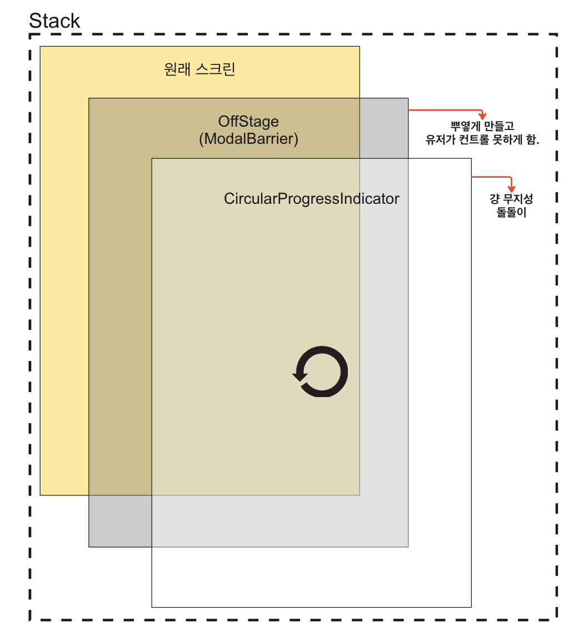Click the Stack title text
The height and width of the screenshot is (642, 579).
click(54, 21)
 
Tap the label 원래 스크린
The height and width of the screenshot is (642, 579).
click(200, 69)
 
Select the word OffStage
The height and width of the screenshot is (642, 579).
click(248, 122)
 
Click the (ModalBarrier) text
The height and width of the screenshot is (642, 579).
click(248, 138)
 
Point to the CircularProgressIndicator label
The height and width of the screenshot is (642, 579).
click(311, 199)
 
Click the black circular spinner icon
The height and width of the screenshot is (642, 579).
click(321, 372)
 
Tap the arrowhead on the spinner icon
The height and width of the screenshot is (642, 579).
click(300, 376)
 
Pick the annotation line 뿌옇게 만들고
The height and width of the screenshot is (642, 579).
click(482, 127)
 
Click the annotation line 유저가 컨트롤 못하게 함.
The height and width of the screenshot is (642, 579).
click(482, 140)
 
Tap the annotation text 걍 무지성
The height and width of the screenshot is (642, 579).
click(511, 199)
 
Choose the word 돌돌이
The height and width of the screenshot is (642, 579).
click(511, 212)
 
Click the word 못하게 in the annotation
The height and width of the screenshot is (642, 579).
click(508, 140)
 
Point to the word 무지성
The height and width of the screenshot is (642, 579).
click(518, 199)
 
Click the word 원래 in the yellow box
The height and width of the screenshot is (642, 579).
click(177, 69)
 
